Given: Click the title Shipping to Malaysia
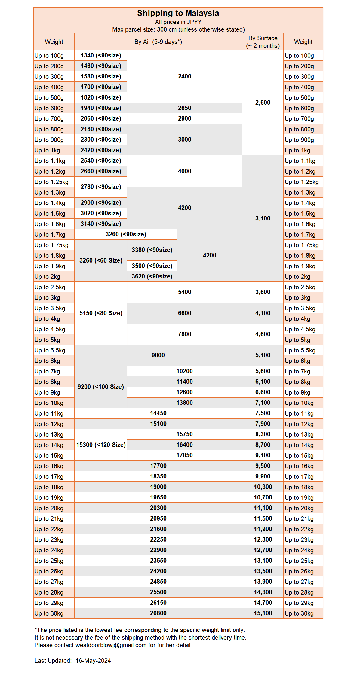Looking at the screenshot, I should [178, 13].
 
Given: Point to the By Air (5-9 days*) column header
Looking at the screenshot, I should [158, 42].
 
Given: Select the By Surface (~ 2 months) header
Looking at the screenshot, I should [263, 42].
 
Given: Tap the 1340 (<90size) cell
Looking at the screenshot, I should [101, 55].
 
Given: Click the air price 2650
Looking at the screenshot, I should [184, 108].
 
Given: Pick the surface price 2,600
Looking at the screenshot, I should [263, 103].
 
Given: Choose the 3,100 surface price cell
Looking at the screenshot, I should [263, 218].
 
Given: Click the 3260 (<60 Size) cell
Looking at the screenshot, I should [101, 260].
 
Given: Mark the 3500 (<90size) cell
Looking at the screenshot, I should [152, 266].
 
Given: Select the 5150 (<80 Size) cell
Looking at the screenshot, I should [101, 313].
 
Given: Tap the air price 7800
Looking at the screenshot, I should [184, 334].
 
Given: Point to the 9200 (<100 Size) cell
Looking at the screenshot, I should [101, 387].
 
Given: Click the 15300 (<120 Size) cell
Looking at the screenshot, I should [101, 445].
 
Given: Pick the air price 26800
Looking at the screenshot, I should [158, 613].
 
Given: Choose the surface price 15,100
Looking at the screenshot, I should [263, 613].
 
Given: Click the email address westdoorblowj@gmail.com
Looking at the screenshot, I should [111, 645].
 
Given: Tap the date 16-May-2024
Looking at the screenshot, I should [93, 661].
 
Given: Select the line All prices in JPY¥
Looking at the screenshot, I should [178, 22].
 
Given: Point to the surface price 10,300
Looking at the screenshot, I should [263, 487].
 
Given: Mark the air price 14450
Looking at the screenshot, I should [158, 413].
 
